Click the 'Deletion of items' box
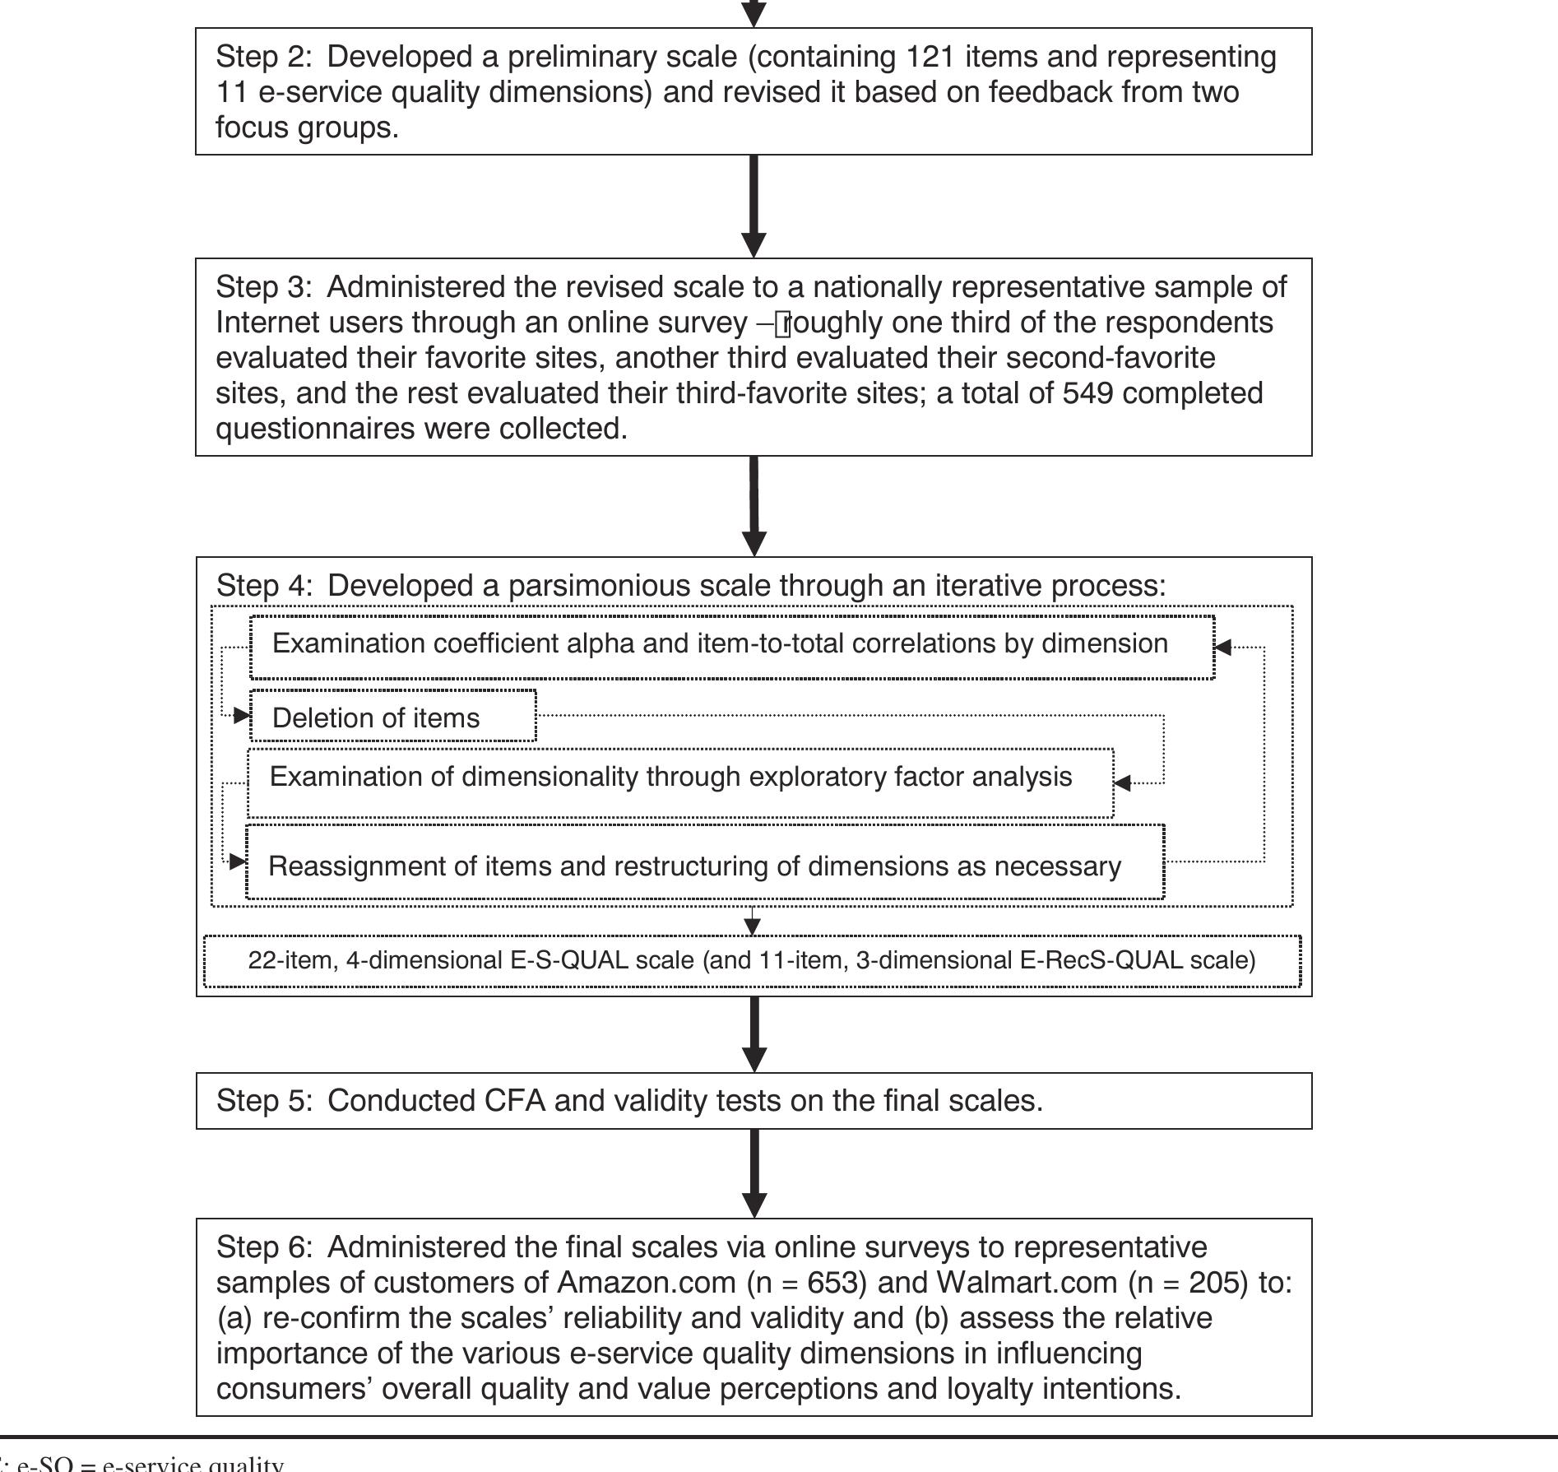click(393, 717)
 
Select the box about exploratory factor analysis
click(679, 782)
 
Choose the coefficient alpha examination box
click(731, 648)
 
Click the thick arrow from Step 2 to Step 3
click(754, 206)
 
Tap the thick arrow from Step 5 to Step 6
click(754, 1172)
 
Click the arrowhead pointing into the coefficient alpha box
click(1223, 648)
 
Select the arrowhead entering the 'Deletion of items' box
click(242, 716)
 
